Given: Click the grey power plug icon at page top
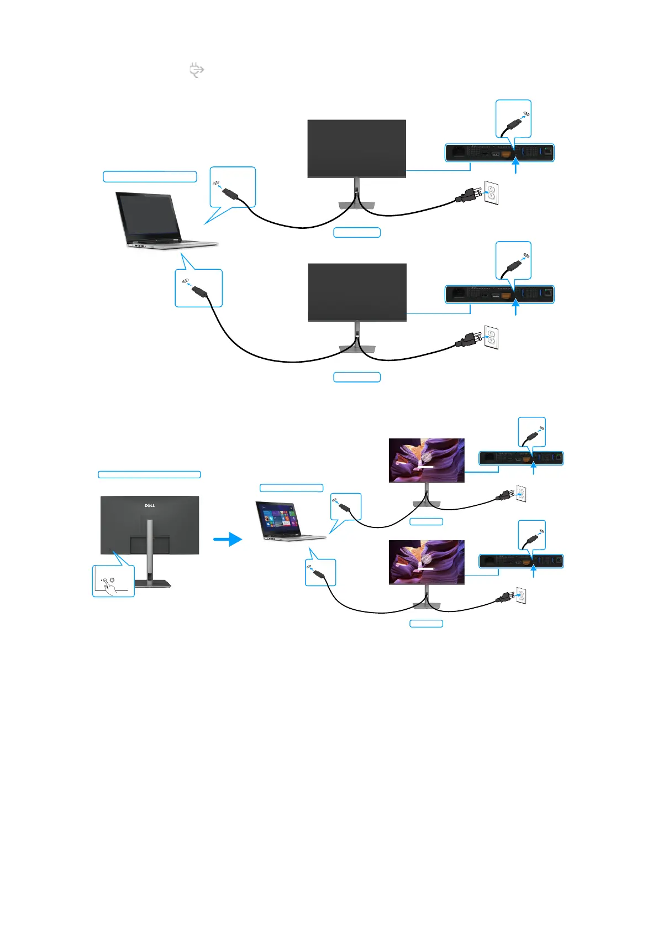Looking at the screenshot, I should [x=197, y=70].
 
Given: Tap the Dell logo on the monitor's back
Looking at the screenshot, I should [x=150, y=505].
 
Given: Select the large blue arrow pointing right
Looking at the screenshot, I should [x=228, y=539].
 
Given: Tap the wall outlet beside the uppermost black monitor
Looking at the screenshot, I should [x=491, y=192].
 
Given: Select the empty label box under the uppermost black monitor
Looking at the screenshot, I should [x=357, y=232].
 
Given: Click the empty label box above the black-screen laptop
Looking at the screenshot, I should [x=150, y=176].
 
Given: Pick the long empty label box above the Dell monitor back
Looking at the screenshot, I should [x=149, y=474].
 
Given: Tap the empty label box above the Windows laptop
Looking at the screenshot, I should [x=291, y=488].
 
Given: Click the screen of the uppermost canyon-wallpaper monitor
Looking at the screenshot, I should [x=427, y=460].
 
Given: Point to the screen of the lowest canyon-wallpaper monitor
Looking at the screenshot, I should [x=427, y=562].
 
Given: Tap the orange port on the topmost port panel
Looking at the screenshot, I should [x=506, y=153].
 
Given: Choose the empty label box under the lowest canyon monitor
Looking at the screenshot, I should [x=426, y=624].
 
